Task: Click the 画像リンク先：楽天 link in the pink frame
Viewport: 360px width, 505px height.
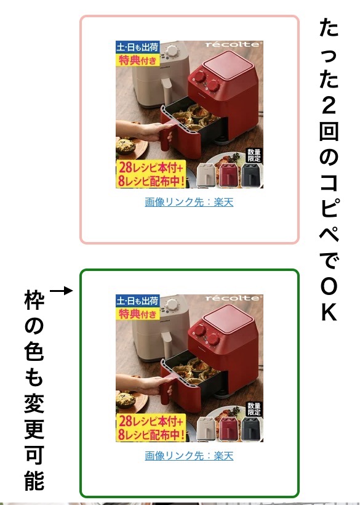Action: [189, 202]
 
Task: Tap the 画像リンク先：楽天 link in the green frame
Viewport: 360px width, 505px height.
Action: [189, 456]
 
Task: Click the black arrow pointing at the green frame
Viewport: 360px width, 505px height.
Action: [61, 291]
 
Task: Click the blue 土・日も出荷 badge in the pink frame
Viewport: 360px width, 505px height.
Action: [137, 47]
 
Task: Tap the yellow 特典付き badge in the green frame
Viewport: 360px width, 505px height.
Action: [138, 313]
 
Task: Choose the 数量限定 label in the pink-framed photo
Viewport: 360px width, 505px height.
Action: [254, 155]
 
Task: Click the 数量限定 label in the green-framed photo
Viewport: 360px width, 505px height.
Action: [254, 409]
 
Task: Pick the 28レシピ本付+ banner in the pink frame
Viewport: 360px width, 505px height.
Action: [151, 167]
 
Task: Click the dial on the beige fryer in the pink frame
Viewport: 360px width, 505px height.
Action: [172, 51]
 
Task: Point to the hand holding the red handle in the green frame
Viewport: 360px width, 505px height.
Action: [145, 382]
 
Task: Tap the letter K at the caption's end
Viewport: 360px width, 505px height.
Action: [329, 312]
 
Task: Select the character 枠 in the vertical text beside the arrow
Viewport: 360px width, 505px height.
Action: [34, 300]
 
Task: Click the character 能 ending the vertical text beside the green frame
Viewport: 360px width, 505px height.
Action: [34, 480]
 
